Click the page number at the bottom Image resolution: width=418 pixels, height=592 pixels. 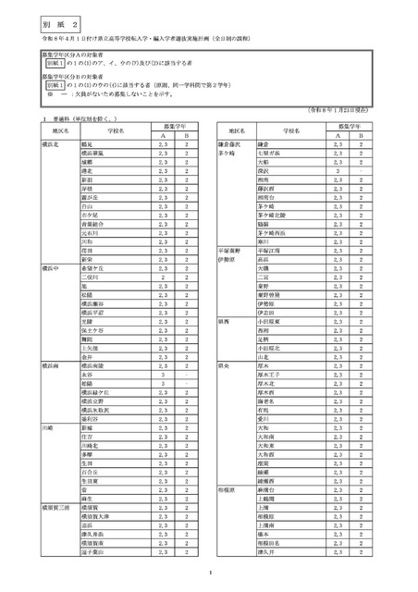point(210,578)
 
